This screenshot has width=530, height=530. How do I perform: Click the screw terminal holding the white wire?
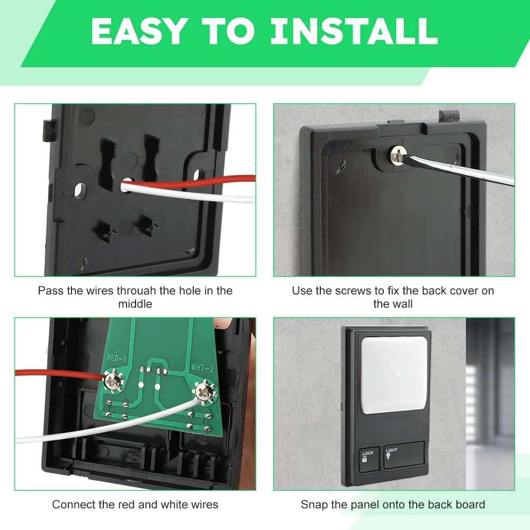coord(203,392)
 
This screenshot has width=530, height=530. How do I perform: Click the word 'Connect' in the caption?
coord(70,504)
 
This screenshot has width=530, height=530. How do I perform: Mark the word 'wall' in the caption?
coord(400,304)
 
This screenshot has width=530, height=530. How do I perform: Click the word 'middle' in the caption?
coord(135,304)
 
